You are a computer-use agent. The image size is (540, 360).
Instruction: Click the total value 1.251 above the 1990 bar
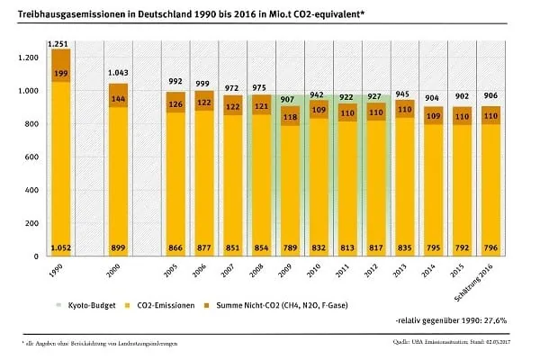pyautogui.click(x=61, y=43)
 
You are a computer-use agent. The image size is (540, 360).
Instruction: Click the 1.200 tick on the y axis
pyautogui.click(x=29, y=58)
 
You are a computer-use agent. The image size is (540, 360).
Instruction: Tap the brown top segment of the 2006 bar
pyautogui.click(x=203, y=100)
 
